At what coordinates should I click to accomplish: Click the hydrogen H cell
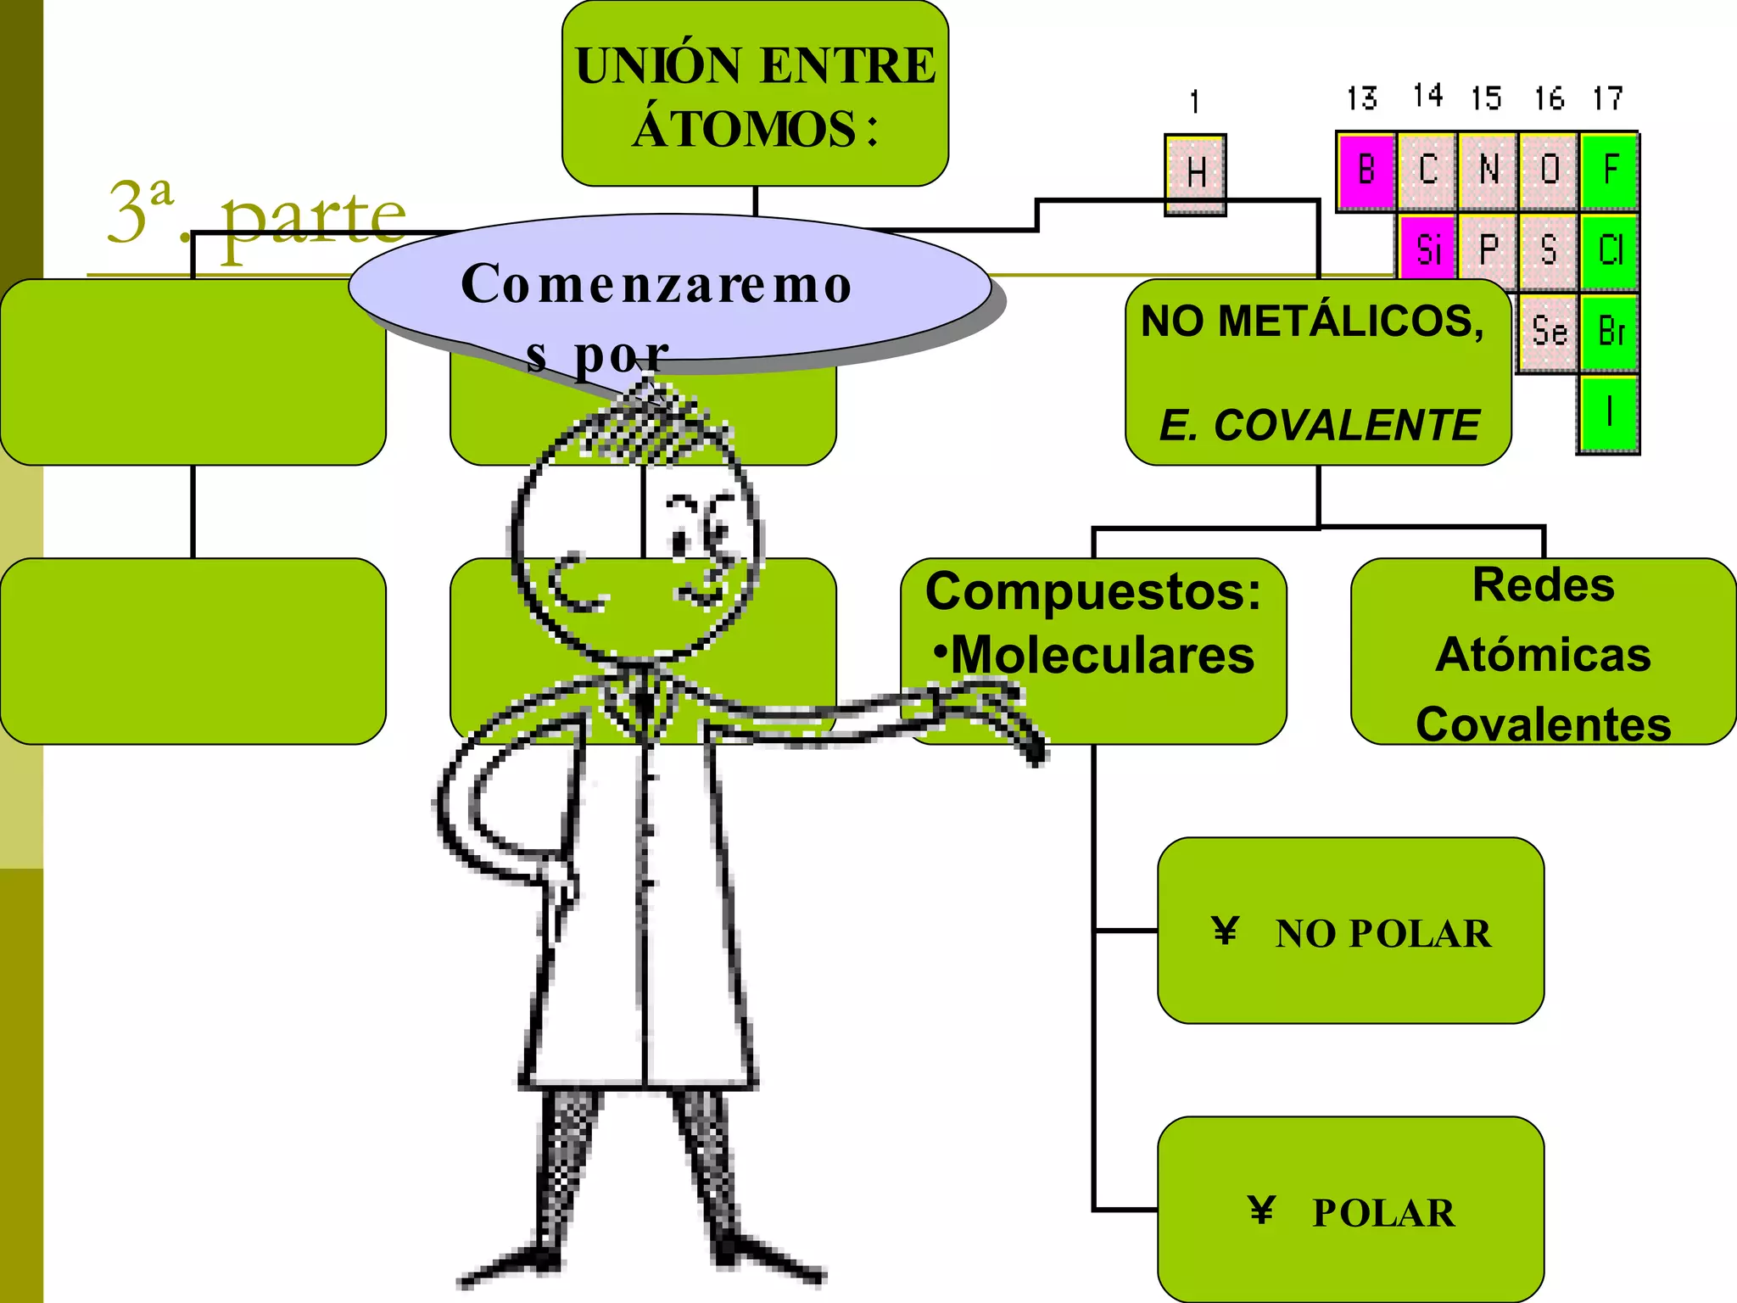[1195, 173]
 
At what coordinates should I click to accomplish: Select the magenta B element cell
[1366, 170]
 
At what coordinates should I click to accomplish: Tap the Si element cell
[1428, 249]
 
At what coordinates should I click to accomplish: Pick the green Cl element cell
[1609, 250]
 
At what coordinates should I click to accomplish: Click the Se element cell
[1548, 331]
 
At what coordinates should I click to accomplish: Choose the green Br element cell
[1609, 331]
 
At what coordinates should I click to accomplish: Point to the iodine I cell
[1609, 413]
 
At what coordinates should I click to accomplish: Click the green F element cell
[1609, 170]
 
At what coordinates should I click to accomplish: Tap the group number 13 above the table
[1361, 98]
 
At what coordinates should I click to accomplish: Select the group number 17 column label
[1606, 98]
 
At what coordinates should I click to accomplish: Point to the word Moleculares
[1102, 655]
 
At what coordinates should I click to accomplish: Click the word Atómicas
[1543, 655]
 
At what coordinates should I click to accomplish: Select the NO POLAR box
[1350, 931]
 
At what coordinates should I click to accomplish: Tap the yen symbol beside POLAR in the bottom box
[1261, 1210]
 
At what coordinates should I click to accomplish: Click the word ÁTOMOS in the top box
[744, 129]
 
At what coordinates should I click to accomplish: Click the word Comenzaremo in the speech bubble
[656, 284]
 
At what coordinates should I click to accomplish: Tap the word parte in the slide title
[313, 217]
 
